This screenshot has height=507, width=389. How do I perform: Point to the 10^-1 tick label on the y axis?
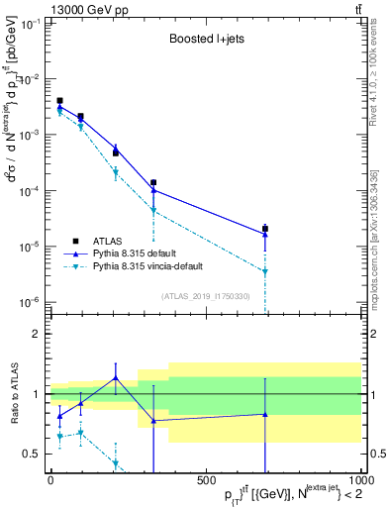point(29,23)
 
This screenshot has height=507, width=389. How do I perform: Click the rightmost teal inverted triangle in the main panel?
point(265,272)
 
